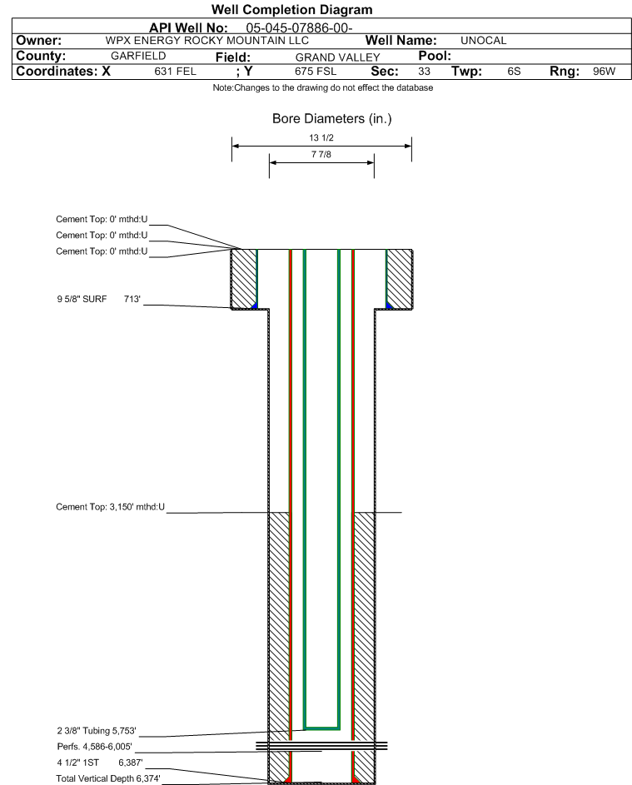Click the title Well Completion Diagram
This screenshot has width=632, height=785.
pyautogui.click(x=292, y=9)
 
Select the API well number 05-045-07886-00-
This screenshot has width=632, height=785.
pyautogui.click(x=300, y=28)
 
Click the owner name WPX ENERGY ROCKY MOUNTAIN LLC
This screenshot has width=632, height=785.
pyautogui.click(x=207, y=41)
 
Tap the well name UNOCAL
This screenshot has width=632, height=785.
pyautogui.click(x=483, y=41)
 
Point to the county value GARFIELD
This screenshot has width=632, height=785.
pyautogui.click(x=138, y=56)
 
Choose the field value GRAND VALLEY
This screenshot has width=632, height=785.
pyautogui.click(x=337, y=57)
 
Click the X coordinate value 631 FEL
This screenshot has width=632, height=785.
pyautogui.click(x=175, y=71)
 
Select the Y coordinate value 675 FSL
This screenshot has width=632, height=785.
pyautogui.click(x=316, y=71)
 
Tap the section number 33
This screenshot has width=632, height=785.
pyautogui.click(x=424, y=71)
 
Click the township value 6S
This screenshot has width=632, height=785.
pyautogui.click(x=514, y=71)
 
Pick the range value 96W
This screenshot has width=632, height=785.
pyautogui.click(x=604, y=71)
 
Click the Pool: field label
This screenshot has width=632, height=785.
pyautogui.click(x=435, y=56)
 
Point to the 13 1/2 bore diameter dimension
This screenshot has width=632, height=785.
pyautogui.click(x=321, y=137)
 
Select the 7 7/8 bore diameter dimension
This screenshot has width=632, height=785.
pyautogui.click(x=321, y=154)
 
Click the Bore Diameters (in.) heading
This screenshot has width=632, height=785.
pyautogui.click(x=332, y=119)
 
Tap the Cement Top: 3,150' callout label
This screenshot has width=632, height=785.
pyautogui.click(x=110, y=507)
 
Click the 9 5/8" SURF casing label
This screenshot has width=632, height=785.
pyautogui.click(x=82, y=300)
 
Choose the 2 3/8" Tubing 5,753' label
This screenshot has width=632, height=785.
pyautogui.click(x=97, y=731)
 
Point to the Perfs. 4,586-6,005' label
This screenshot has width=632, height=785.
pyautogui.click(x=95, y=747)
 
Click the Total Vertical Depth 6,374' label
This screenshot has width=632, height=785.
pyautogui.click(x=108, y=778)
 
